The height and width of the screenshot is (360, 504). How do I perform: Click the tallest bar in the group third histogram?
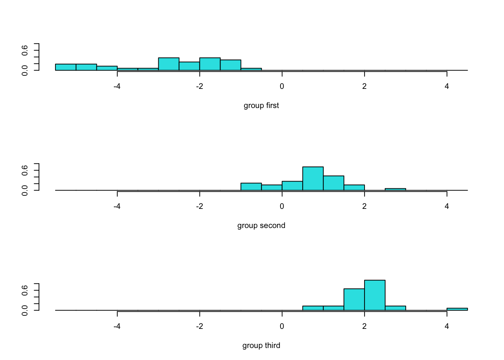click(375, 295)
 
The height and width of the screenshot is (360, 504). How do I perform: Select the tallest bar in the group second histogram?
click(313, 178)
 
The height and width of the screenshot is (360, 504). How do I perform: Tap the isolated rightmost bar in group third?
click(457, 309)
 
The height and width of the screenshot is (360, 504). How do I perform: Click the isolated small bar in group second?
click(395, 189)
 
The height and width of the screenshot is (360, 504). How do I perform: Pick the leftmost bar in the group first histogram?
click(66, 67)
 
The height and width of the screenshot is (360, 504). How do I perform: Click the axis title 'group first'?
click(261, 106)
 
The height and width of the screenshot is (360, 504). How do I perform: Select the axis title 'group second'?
click(261, 226)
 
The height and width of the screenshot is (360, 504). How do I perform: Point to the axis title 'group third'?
click(261, 346)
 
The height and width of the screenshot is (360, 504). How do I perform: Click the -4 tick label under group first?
click(117, 86)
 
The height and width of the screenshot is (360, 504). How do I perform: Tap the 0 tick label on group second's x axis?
click(282, 206)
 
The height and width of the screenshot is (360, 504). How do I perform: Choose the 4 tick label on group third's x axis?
click(447, 326)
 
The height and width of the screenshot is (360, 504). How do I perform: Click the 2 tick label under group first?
click(364, 86)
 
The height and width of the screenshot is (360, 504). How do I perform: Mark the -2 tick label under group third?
click(199, 326)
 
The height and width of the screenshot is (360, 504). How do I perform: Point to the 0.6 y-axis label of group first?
click(25, 50)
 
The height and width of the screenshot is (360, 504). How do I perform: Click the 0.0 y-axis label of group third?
click(25, 310)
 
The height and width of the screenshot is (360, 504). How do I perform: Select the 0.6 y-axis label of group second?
click(25, 170)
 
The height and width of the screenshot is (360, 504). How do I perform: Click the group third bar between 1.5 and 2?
click(354, 299)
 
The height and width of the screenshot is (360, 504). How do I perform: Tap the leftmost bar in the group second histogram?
click(251, 186)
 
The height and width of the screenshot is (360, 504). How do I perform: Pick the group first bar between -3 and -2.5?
click(169, 64)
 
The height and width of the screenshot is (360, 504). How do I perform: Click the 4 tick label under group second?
click(447, 206)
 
